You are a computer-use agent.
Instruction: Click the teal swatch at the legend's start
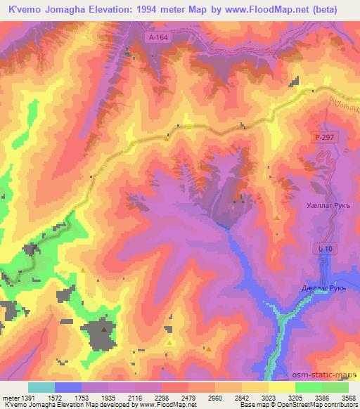click(41, 387)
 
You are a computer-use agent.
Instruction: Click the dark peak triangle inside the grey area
click(105, 328)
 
